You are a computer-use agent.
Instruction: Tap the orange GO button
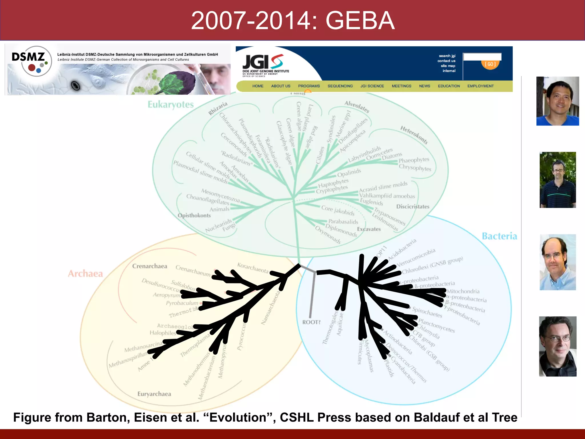(x=490, y=64)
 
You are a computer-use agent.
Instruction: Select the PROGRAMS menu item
(x=309, y=86)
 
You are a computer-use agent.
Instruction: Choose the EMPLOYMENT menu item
(x=480, y=86)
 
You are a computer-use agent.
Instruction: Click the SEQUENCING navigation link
(x=340, y=86)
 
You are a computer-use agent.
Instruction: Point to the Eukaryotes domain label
(x=171, y=105)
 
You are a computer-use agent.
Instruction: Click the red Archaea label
(x=85, y=274)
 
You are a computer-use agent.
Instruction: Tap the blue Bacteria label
(x=499, y=236)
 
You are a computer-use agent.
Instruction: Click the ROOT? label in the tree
(x=311, y=322)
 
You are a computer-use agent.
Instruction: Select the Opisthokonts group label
(x=194, y=215)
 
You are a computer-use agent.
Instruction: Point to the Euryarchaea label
(x=154, y=394)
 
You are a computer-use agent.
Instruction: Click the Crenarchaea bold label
(x=149, y=266)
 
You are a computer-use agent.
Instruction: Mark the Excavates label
(x=369, y=229)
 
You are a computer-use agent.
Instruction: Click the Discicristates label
(x=412, y=206)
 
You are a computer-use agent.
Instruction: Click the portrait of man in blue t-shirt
(x=557, y=101)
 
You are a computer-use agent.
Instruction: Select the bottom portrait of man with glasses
(x=557, y=346)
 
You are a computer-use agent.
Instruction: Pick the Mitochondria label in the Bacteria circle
(x=463, y=291)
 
